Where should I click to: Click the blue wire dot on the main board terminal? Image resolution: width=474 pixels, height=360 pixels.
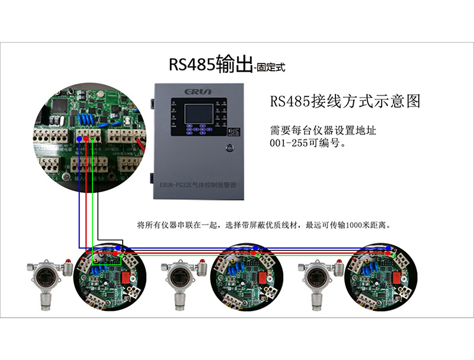(79, 138)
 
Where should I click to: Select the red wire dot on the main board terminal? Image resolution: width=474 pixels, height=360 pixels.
(86, 139)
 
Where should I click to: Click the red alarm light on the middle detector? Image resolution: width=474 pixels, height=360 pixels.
(203, 261)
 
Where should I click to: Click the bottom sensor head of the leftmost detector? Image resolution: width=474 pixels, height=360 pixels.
(43, 303)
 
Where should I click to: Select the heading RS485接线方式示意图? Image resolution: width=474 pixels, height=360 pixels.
(345, 101)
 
